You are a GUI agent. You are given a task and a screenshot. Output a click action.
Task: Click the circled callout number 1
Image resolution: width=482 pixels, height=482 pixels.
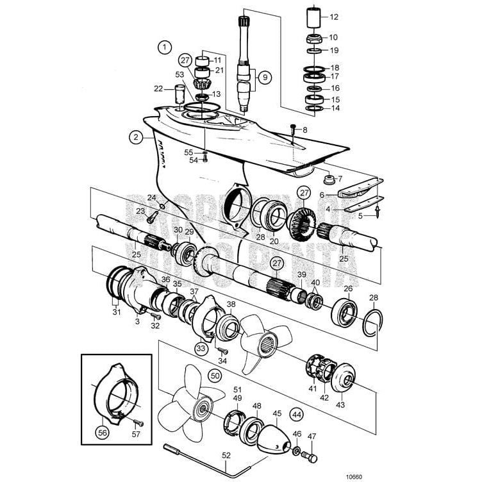coord(166,47)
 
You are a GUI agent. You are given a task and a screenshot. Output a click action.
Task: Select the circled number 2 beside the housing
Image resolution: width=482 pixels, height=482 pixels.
coord(135,137)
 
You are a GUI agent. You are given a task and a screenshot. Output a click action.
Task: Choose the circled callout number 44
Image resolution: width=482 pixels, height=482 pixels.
coord(297,415)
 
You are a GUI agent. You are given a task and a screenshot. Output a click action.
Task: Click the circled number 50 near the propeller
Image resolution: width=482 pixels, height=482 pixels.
coord(215,376)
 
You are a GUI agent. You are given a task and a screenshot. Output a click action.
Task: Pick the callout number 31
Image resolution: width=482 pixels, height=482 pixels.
coord(117,312)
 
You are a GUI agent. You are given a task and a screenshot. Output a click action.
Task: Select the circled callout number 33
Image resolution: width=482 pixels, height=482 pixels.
coord(201,349)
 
